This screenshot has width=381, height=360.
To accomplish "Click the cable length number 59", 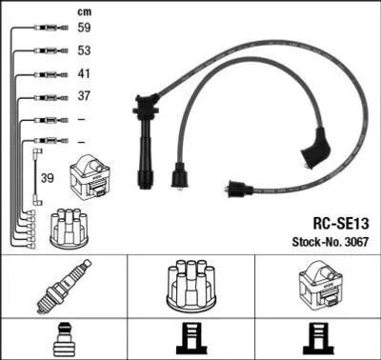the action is click(84, 28).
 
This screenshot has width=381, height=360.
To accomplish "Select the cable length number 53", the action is click(84, 50).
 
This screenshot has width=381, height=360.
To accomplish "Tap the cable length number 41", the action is click(84, 73).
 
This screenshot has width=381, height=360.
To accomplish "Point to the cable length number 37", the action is click(84, 95).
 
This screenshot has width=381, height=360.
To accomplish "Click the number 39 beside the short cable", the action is click(48, 178).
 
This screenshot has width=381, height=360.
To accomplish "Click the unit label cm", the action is click(84, 12).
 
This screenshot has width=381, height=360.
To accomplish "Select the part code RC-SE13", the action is click(341, 224).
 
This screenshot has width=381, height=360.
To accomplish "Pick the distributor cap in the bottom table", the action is click(190, 286).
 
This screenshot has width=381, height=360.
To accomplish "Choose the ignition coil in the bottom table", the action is click(320, 284).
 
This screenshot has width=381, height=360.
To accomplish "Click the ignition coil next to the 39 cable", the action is click(90, 177).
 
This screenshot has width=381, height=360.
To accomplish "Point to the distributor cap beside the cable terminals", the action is click(69, 229).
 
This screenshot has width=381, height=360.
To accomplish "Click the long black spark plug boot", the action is click(146, 140).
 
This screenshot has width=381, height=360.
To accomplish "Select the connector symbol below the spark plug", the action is click(65, 339).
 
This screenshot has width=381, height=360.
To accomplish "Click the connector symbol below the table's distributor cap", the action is click(190, 339).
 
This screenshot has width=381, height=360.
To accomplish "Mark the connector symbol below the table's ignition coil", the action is click(318, 339).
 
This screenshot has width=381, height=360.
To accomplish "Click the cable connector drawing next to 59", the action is click(51, 28).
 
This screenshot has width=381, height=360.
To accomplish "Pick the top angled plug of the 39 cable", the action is click(38, 151).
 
